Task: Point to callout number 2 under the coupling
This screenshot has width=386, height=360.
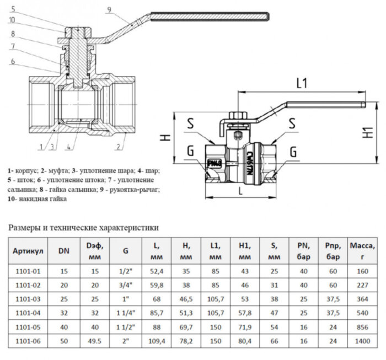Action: (117, 146)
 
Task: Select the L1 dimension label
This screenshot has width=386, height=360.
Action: (301, 84)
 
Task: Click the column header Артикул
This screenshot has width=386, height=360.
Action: (28, 251)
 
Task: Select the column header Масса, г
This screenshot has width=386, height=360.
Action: (363, 251)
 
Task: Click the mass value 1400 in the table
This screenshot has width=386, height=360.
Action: (363, 342)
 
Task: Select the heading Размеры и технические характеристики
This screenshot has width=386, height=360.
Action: (84, 227)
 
